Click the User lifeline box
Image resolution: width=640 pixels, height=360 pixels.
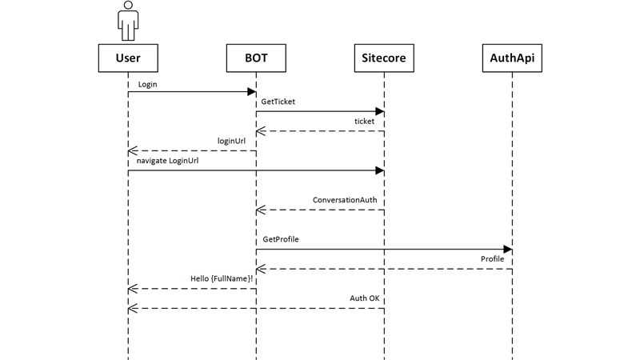pyautogui.click(x=128, y=58)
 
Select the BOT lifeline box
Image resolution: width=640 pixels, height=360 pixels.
pyautogui.click(x=256, y=58)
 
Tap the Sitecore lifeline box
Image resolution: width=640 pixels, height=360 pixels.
pyautogui.click(x=384, y=58)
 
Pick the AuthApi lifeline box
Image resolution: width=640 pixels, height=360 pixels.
pyautogui.click(x=512, y=58)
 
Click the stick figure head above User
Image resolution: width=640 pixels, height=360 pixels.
pyautogui.click(x=128, y=5)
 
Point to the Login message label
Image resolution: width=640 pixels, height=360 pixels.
pyautogui.click(x=147, y=85)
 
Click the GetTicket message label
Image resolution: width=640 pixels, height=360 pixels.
pyautogui.click(x=278, y=102)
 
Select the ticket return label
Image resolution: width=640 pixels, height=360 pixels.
pyautogui.click(x=364, y=122)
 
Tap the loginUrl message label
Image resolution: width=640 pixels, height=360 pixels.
pyautogui.click(x=231, y=142)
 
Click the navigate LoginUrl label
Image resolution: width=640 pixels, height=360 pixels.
pyautogui.click(x=167, y=161)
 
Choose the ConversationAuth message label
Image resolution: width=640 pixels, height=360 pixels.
pyautogui.click(x=345, y=200)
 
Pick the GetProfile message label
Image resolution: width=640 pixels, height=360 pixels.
pyautogui.click(x=281, y=239)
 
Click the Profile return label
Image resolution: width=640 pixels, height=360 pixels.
pyautogui.click(x=492, y=258)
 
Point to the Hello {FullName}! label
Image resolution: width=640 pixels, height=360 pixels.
pyautogui.click(x=222, y=278)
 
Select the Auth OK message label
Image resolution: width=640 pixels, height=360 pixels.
pyautogui.click(x=365, y=298)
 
